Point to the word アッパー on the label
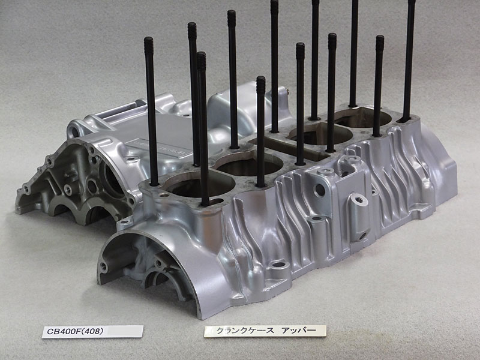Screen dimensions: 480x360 point(298,331)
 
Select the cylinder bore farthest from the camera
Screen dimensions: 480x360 point(363,118)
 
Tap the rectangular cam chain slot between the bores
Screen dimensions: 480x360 point(289,148)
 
